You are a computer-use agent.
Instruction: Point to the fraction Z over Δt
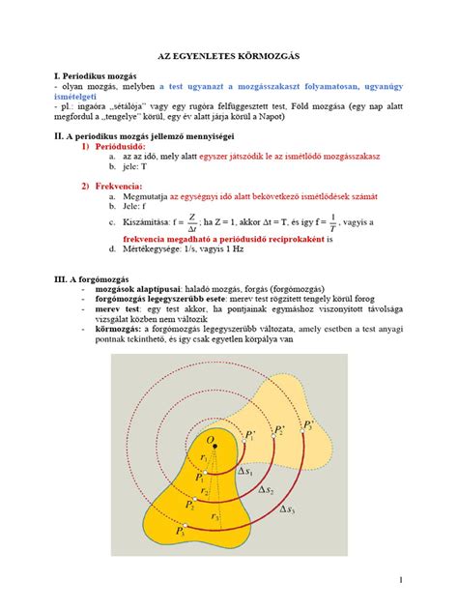[192, 220]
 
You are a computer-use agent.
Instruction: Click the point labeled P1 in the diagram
[200, 477]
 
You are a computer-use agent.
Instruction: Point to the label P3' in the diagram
[308, 426]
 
